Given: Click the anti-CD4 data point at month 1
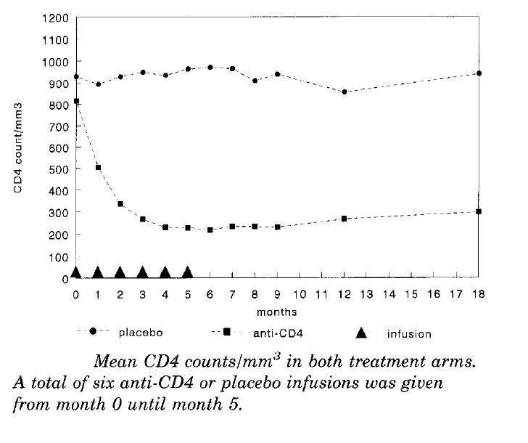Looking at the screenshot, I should (98, 168).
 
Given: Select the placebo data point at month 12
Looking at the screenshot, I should (345, 92).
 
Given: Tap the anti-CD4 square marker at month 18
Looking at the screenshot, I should (479, 211).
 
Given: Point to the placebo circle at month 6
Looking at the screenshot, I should (210, 68).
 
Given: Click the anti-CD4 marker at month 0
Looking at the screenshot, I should (76, 101).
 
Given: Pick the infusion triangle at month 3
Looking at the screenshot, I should (143, 273).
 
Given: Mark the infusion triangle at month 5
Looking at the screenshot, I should (188, 273).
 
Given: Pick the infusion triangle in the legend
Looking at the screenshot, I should (363, 333).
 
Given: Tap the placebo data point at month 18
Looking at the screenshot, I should (479, 73).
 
